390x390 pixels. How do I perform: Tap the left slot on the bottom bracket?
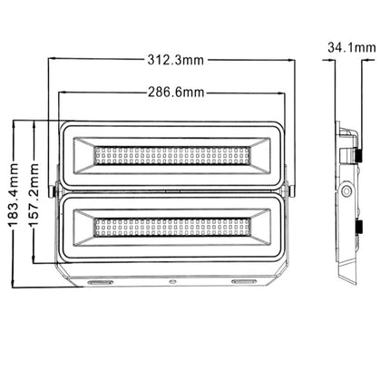coord(100,284)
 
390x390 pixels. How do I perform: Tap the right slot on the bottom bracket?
coord(246,284)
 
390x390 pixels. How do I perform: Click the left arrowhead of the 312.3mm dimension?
coord(51,61)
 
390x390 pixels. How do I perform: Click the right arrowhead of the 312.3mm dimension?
coord(295,61)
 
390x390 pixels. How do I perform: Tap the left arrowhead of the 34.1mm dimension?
coord(333,62)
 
